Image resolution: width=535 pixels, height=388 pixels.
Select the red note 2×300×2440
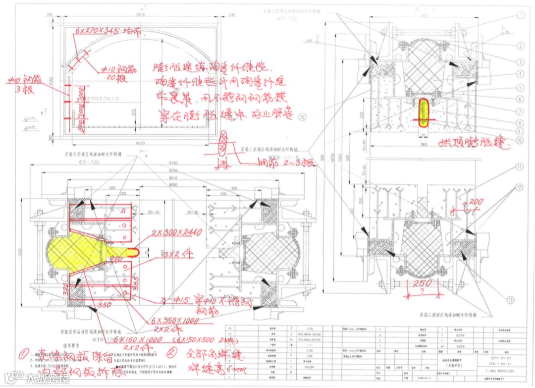point(178,233)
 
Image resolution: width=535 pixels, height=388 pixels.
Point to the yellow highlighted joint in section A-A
point(424,112)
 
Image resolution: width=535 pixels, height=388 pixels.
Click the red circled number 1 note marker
point(24,354)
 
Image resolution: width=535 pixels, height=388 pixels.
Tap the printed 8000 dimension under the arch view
point(141,143)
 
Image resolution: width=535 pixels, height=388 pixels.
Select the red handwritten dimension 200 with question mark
point(475,203)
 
